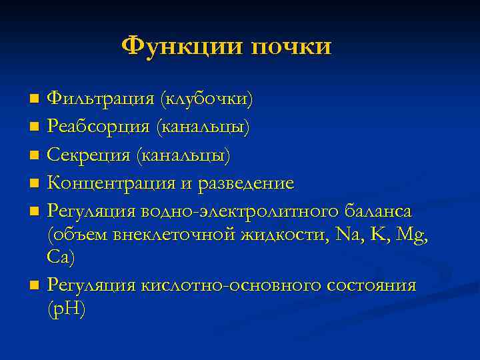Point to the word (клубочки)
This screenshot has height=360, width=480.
click(205, 99)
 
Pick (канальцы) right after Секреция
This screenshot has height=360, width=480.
click(183, 155)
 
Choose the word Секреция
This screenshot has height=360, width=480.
click(89, 155)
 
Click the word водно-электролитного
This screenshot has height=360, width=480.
click(243, 211)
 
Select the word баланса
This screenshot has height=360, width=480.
click(379, 211)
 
